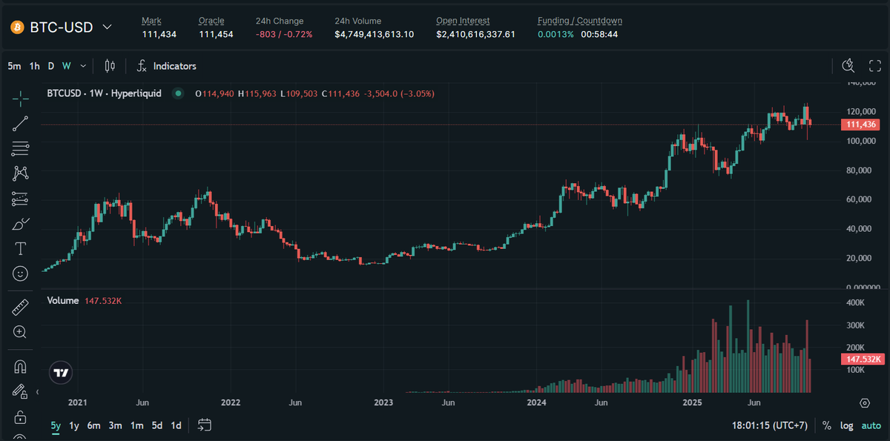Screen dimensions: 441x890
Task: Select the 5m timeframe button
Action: [x=14, y=66]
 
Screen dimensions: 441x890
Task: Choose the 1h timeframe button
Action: [x=34, y=66]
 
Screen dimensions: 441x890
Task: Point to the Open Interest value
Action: [x=475, y=34]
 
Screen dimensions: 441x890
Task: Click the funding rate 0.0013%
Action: [x=556, y=34]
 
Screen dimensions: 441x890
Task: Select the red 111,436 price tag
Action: [x=860, y=125]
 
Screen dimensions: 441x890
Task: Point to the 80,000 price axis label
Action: [x=861, y=170]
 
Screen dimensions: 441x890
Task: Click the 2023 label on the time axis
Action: [x=383, y=402]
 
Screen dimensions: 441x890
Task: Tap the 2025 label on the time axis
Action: [x=691, y=402]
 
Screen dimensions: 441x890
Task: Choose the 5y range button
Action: [x=56, y=425]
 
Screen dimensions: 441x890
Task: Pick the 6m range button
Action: [x=93, y=425]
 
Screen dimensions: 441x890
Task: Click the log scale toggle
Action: [x=846, y=425]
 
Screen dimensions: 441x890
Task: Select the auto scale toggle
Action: [x=871, y=425]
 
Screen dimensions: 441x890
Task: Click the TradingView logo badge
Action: [x=62, y=373]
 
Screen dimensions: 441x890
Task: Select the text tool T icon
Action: [x=21, y=248]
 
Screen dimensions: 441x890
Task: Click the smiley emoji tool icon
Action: [x=21, y=273]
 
